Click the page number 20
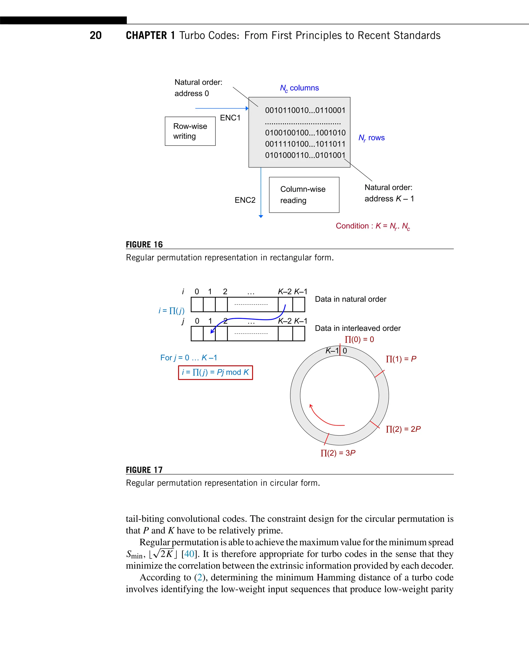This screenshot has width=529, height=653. point(95,35)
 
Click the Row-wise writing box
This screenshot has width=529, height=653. point(190,131)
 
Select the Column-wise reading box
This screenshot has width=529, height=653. point(304,195)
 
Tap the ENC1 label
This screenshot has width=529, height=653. point(230,118)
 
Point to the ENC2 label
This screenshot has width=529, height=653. point(245,200)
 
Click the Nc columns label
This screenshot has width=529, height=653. point(299,88)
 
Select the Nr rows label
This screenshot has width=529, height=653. point(371,138)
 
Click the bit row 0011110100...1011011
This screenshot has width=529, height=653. point(305,144)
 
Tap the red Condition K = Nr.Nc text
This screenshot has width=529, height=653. point(373,226)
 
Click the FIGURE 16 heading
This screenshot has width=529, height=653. point(144,245)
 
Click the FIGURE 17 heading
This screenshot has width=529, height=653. point(144,470)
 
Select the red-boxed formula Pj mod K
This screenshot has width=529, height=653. point(215,373)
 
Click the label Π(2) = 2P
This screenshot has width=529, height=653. point(403,429)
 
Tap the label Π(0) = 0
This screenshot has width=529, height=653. point(359,339)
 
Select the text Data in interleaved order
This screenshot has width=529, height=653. point(357,328)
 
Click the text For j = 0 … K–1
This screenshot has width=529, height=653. point(189,358)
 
